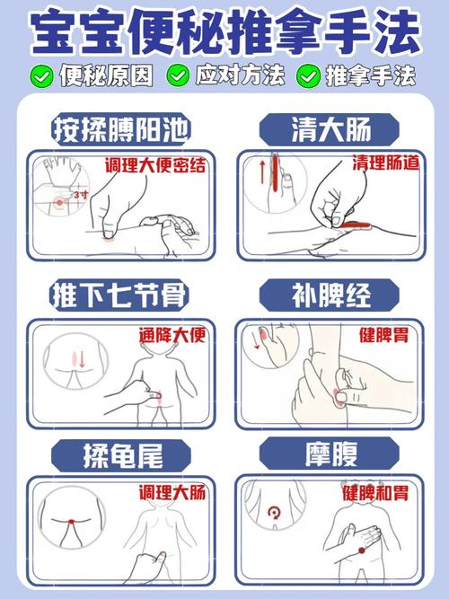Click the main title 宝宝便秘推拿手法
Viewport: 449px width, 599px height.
[x=224, y=32]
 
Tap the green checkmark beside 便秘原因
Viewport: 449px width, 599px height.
[x=41, y=75]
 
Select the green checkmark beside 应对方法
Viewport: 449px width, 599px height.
[x=179, y=75]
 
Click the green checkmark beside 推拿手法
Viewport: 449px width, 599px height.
[x=311, y=75]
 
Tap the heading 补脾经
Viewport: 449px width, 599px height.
[x=330, y=294]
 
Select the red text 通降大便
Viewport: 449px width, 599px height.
[x=172, y=335]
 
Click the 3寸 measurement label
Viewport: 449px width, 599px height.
[x=81, y=193]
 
